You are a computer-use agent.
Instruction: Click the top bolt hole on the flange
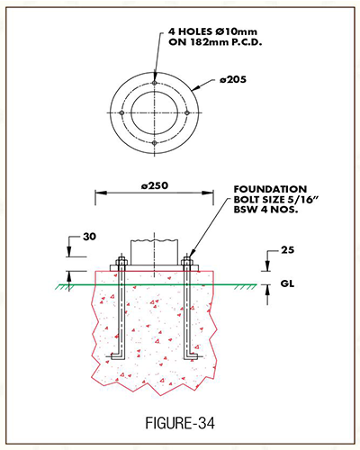click(154, 83)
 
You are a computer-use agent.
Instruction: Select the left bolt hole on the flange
click(121, 112)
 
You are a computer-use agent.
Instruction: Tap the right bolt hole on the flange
click(186, 112)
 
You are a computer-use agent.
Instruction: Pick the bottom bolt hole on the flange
click(154, 143)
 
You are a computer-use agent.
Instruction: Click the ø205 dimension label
click(233, 79)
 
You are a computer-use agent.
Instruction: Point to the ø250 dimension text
click(155, 185)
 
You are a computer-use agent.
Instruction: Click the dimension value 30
click(89, 237)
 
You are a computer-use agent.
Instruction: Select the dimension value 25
click(287, 250)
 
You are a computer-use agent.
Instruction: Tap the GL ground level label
click(287, 283)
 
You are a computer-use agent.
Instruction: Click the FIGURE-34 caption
click(180, 423)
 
